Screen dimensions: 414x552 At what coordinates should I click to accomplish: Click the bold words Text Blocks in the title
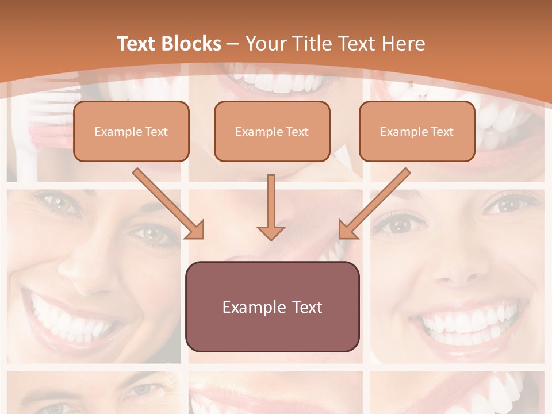coord(169,44)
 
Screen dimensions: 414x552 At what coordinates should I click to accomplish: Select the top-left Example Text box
coord(131,131)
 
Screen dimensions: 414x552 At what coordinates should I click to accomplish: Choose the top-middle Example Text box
coord(272,131)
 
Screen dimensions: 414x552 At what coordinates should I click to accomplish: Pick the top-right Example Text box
coord(417,131)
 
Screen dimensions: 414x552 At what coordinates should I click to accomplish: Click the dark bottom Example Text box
coord(272,307)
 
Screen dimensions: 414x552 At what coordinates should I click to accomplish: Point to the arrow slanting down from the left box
coord(168,204)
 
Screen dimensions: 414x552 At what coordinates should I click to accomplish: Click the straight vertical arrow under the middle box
coord(271,207)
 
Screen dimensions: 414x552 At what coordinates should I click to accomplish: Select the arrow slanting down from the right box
coord(375,204)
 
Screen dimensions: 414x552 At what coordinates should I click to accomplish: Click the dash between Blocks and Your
coord(233,44)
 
